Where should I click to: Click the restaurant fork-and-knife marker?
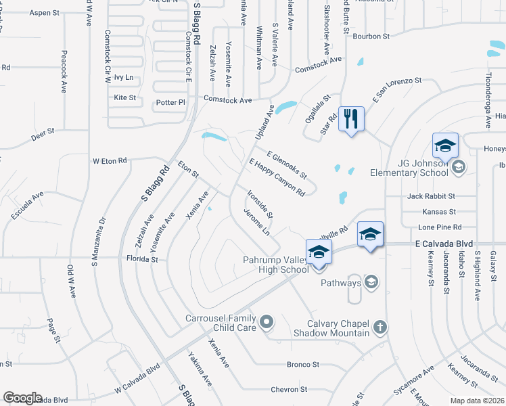(x=350, y=119)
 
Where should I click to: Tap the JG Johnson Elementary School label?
(x=409, y=167)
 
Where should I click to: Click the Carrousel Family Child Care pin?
(x=266, y=322)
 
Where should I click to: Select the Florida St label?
(x=141, y=258)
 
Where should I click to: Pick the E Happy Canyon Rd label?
(x=277, y=177)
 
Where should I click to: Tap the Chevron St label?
(x=289, y=389)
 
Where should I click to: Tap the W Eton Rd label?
(x=110, y=161)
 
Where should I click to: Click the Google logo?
(x=22, y=398)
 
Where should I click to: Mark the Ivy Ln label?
(x=124, y=77)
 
